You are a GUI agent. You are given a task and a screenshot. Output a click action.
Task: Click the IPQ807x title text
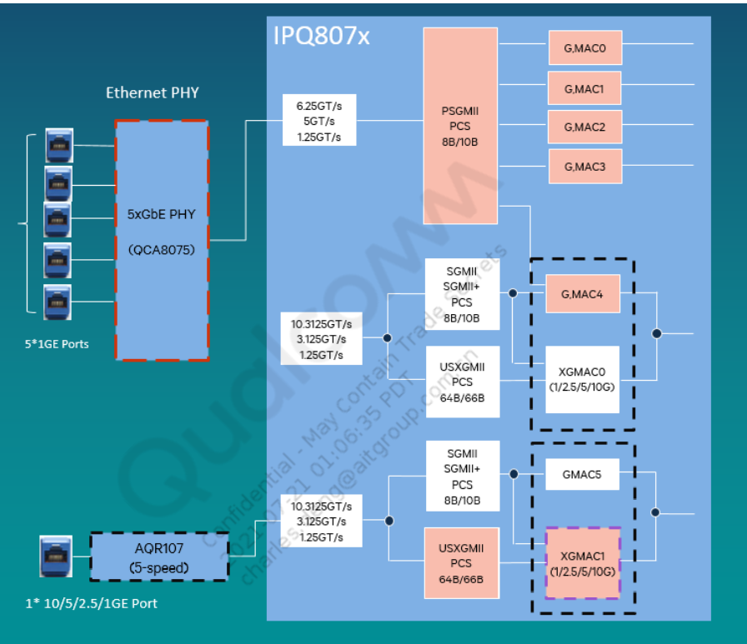pos(322,36)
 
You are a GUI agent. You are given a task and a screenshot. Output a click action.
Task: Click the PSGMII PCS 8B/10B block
pos(460,126)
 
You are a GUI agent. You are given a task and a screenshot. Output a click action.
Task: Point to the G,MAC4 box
pos(583,293)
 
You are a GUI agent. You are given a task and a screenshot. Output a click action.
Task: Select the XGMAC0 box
pos(583,380)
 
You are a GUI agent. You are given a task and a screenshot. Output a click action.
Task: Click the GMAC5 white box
pos(581,475)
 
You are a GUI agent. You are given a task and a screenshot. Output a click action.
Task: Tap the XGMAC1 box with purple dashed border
pos(583,562)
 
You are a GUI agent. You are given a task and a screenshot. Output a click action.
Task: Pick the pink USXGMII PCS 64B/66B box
pos(461,562)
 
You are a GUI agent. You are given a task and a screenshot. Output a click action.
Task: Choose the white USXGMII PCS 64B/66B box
pos(461,382)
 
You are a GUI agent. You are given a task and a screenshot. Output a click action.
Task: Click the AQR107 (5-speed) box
pos(158,557)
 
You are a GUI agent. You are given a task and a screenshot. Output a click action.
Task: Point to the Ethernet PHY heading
pos(153,92)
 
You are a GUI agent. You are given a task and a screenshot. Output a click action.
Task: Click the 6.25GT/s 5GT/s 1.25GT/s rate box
pos(318,122)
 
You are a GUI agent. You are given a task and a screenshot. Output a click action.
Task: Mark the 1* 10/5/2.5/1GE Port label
pos(90,602)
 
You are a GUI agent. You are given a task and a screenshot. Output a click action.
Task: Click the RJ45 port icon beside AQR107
pos(56,557)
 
